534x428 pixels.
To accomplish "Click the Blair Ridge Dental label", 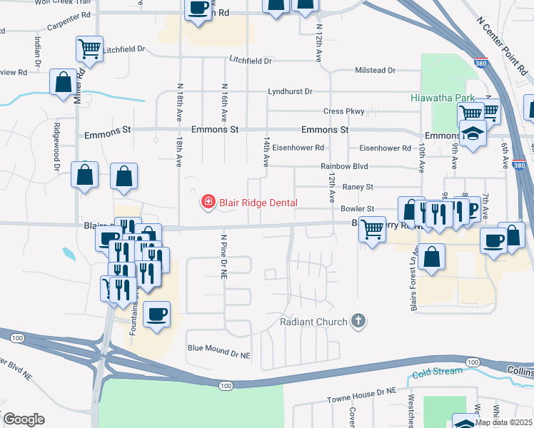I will [x=258, y=203].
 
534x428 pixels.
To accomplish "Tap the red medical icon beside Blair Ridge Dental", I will [x=208, y=203].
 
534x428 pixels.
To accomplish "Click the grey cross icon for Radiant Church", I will [x=358, y=322].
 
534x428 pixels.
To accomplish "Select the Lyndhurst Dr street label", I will [x=291, y=92].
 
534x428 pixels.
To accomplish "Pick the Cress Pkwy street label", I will [x=344, y=111].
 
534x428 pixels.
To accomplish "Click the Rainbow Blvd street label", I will [x=344, y=166].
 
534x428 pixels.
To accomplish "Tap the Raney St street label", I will [x=358, y=187].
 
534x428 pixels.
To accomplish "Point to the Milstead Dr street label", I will [x=376, y=71].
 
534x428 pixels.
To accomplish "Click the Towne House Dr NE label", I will [x=361, y=392].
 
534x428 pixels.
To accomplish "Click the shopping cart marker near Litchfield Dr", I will [x=89, y=49].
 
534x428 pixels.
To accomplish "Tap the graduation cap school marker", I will [x=472, y=133].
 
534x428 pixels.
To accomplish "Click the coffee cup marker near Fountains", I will [x=157, y=314].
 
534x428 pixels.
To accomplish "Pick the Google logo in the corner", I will [x=23, y=419].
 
